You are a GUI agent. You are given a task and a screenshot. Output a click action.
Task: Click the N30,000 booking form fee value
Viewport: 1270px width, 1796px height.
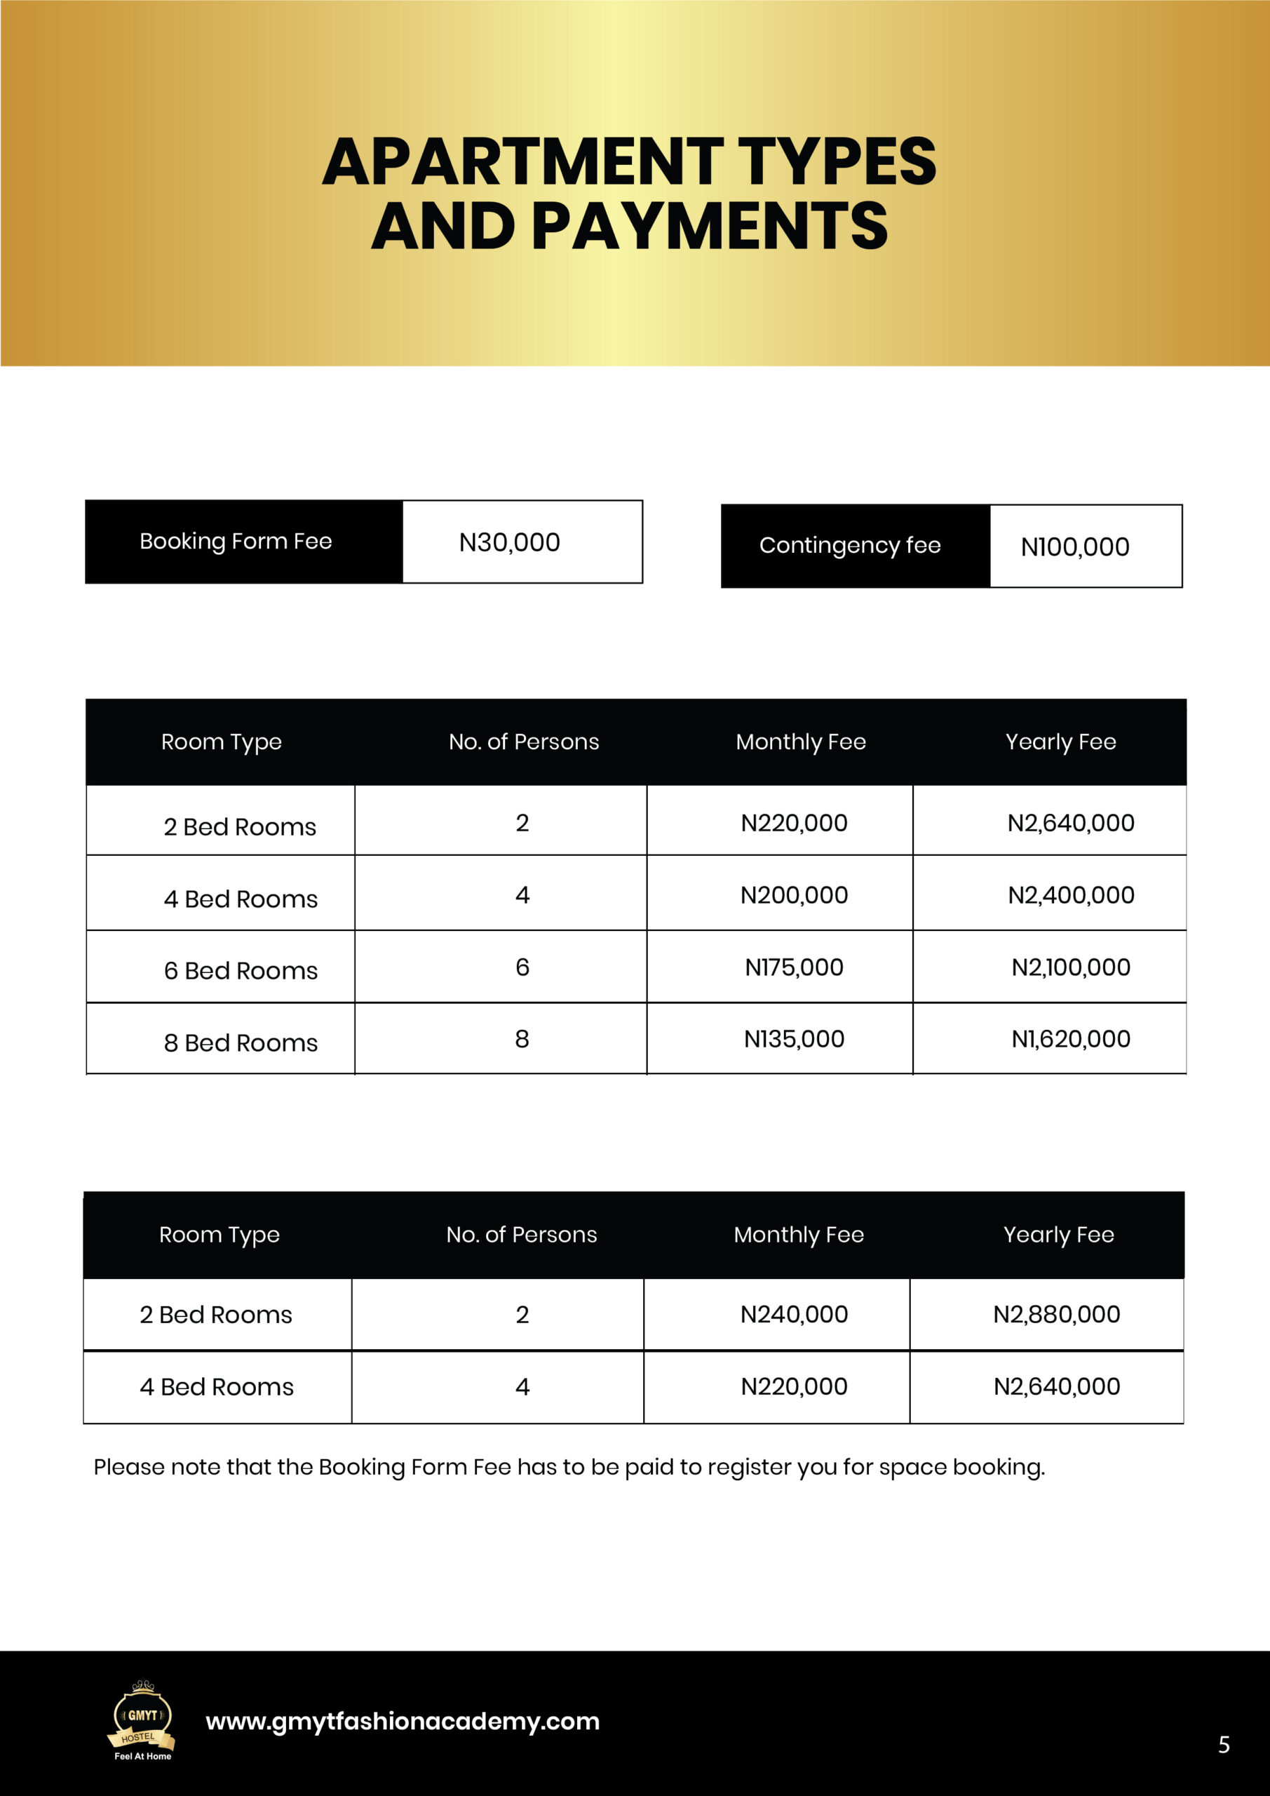pos(509,542)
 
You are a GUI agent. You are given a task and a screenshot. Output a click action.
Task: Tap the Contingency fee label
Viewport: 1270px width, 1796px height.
pos(849,546)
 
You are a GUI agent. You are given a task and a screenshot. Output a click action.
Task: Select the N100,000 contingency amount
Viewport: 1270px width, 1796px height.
pos(1074,547)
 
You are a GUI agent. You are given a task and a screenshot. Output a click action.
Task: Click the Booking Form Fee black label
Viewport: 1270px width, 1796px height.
pos(236,542)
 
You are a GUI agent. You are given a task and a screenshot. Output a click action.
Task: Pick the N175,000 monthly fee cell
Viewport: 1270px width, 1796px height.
pos(794,967)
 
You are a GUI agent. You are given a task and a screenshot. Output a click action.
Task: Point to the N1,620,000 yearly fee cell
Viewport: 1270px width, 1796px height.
pos(1071,1039)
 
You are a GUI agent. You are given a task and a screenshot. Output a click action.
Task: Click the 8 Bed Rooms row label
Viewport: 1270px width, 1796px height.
pos(240,1043)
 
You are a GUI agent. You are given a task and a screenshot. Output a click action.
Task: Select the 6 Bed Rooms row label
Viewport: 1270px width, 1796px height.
pos(240,971)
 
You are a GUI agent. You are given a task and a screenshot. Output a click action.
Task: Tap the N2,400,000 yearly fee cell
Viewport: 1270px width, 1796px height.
pos(1071,895)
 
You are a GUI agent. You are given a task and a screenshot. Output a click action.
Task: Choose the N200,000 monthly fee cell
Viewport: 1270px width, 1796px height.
pos(794,895)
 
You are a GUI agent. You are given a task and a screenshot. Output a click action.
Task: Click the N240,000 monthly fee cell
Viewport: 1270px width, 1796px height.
pos(794,1314)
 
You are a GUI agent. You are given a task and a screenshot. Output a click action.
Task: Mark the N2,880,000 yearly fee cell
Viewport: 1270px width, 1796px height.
pos(1057,1314)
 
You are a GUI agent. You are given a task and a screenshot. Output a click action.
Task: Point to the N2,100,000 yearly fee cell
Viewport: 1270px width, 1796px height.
pos(1071,967)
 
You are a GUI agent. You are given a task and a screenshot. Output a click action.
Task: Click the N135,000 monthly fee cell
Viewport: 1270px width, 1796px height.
pos(794,1039)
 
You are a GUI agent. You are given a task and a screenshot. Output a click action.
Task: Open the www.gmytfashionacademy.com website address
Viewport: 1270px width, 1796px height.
pos(402,1721)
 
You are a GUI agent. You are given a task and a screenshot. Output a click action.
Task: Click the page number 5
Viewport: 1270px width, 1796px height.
pos(1224,1744)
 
